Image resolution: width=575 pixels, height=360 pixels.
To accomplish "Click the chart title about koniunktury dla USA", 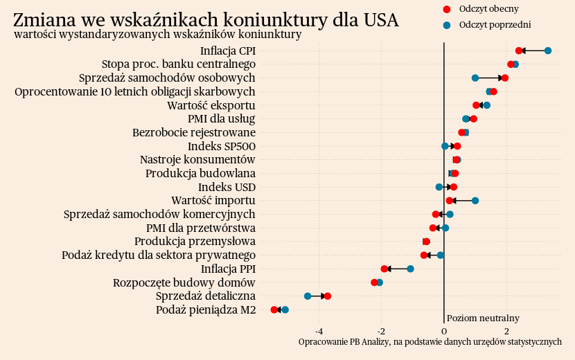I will click(206, 19).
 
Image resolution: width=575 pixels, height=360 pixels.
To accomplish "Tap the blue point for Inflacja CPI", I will click(548, 51).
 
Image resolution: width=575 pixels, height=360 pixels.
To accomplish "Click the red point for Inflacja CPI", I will click(519, 51).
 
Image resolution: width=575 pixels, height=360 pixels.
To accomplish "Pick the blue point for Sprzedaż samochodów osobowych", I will click(475, 78).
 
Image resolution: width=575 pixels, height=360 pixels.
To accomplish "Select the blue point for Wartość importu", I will click(475, 201).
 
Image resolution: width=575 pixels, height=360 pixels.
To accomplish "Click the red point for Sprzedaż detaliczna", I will click(328, 296).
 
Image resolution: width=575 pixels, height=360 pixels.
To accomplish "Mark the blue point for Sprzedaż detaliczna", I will click(308, 296).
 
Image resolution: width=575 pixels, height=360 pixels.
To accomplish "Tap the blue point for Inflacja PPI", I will click(411, 269).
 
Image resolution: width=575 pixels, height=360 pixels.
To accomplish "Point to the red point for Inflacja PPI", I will click(384, 269).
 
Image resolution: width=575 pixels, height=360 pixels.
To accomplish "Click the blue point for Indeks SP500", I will click(445, 146).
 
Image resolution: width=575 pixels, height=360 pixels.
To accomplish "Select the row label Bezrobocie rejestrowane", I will click(194, 132).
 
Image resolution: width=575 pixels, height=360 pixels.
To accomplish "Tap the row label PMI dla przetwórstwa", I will click(201, 228).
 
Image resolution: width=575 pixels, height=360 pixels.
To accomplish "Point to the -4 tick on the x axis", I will click(319, 330).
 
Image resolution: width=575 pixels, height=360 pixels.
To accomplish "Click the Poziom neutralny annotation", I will click(483, 318).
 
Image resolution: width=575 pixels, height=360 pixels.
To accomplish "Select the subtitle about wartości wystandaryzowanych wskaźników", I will click(157, 35).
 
